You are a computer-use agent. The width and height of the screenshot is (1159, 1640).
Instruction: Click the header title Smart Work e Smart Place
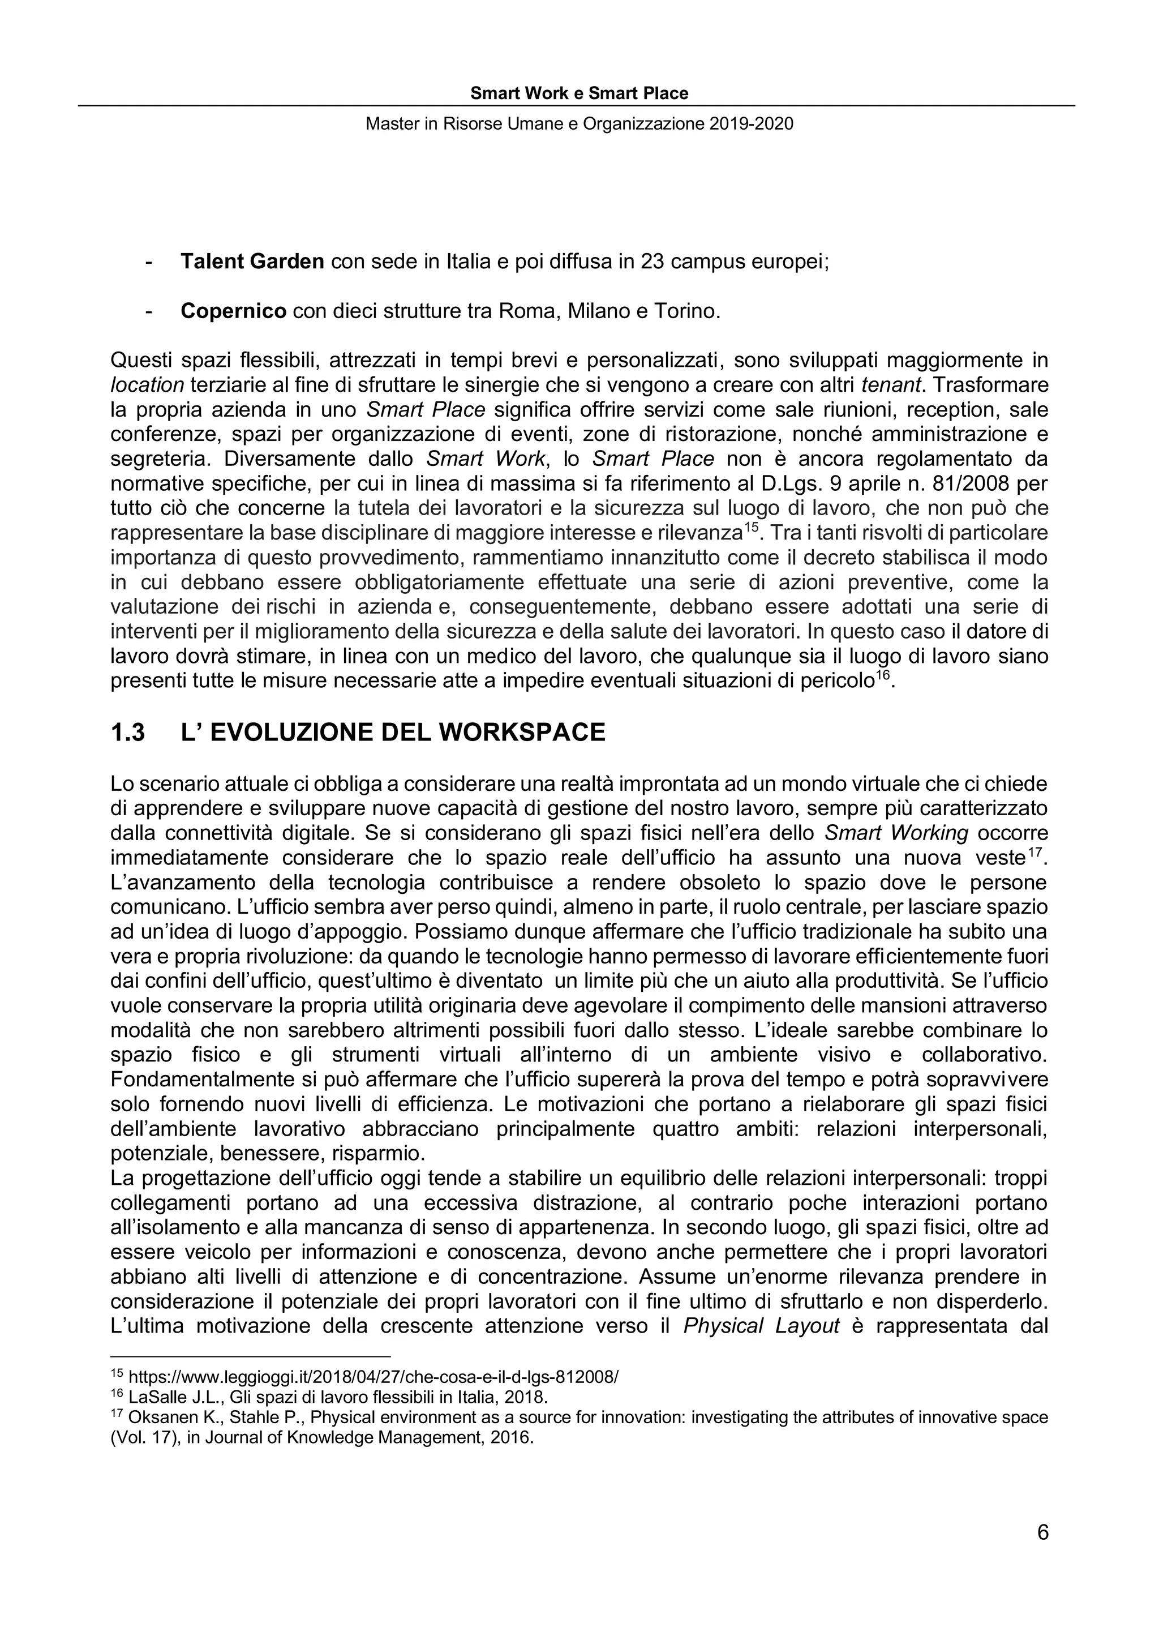tap(579, 93)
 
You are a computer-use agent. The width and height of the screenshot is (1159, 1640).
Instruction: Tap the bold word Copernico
tap(234, 311)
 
